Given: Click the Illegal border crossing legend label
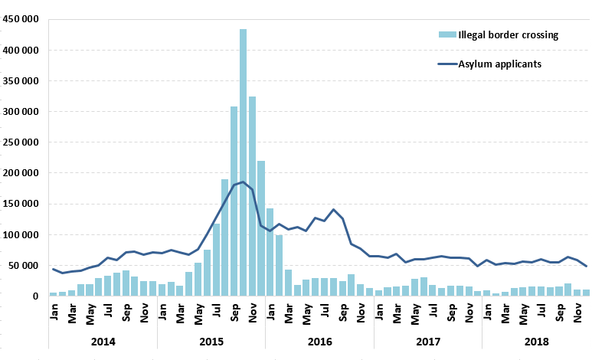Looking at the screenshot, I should click(x=508, y=34).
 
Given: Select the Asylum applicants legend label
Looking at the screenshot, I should click(x=500, y=64).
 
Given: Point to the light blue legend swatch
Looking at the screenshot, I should click(x=447, y=34).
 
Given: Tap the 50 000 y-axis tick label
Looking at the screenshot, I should click(x=25, y=266).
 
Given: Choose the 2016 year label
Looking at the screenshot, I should click(x=319, y=340).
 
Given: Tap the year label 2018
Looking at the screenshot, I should click(x=535, y=340).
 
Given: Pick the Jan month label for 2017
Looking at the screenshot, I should click(x=378, y=314).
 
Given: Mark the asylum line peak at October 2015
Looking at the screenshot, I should click(x=243, y=182).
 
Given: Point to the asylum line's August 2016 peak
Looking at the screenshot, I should click(x=333, y=209).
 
